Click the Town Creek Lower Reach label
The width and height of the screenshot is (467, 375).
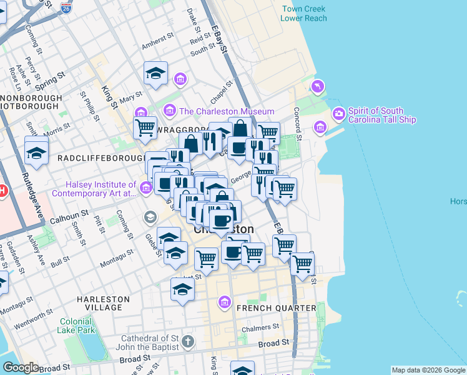click(303, 14)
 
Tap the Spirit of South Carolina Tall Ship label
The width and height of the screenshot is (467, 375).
click(382, 114)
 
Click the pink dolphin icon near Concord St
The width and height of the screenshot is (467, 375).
click(318, 86)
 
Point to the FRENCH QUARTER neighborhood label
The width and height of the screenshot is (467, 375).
click(276, 307)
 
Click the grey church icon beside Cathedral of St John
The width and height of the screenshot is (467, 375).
click(189, 342)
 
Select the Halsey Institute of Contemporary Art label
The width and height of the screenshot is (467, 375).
click(102, 189)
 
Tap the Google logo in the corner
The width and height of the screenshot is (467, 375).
click(20, 367)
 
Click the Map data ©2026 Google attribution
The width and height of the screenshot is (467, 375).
click(428, 370)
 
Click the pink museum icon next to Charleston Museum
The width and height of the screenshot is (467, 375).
click(169, 111)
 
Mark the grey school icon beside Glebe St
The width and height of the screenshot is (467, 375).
click(150, 217)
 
